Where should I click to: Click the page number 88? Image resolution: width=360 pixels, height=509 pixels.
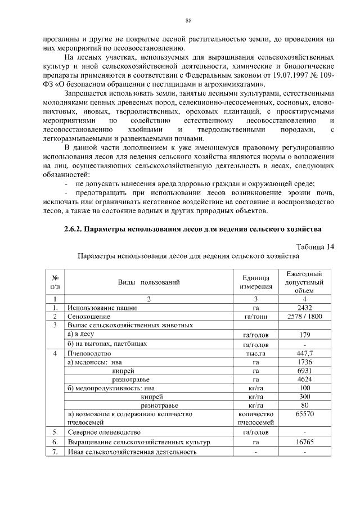pos(189,21)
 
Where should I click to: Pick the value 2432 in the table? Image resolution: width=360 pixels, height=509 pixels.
pos(304,308)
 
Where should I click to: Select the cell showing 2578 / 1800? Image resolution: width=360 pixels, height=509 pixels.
pos(304,317)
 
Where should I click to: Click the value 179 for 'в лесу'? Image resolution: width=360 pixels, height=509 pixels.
pos(304,335)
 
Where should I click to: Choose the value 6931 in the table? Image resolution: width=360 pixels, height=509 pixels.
pos(304,371)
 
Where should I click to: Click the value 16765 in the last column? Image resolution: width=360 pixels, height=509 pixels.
pos(304,443)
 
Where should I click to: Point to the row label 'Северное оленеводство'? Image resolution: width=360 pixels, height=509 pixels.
pos(104,433)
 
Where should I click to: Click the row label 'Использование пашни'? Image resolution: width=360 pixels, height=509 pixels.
pos(100,308)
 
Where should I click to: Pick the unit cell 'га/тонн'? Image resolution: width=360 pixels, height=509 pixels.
pos(256,317)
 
